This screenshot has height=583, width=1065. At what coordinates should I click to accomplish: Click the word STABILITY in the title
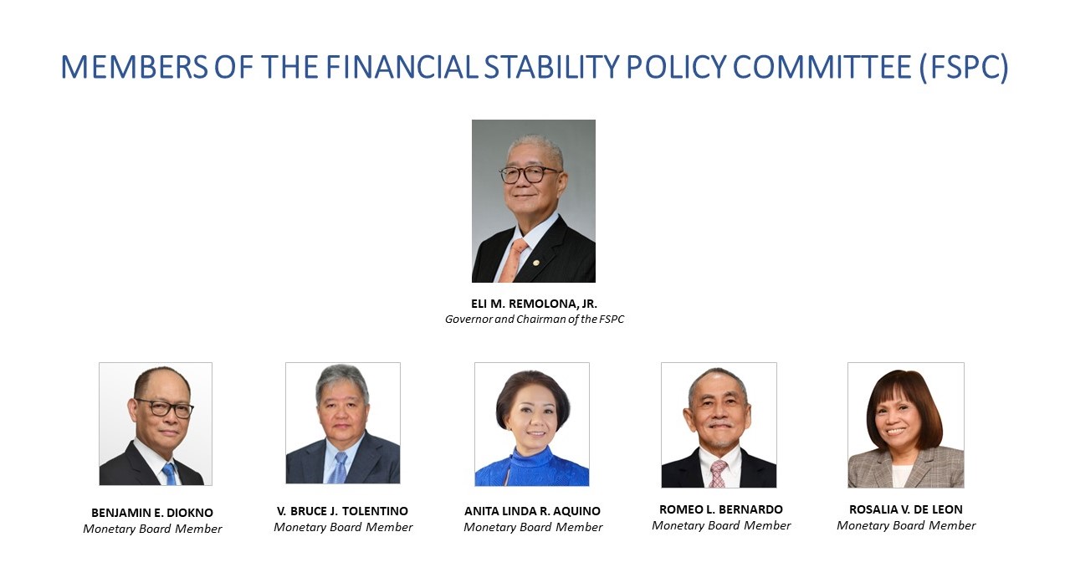click(x=551, y=67)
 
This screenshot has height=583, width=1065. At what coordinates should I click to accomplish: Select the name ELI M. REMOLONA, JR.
click(x=534, y=304)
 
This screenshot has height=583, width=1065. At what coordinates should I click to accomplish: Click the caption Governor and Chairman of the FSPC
click(x=534, y=319)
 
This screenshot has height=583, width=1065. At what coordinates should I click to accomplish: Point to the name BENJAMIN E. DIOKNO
click(x=152, y=513)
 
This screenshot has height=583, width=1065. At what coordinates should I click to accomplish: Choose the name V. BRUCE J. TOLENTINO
click(x=342, y=511)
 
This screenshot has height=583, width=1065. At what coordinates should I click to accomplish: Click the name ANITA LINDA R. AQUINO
click(x=532, y=511)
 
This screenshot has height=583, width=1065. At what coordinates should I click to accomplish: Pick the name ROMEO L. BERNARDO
click(x=721, y=509)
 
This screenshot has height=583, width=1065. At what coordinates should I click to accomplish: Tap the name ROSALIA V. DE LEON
click(x=906, y=509)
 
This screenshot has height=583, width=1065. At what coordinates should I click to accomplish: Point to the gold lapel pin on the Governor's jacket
click(x=535, y=263)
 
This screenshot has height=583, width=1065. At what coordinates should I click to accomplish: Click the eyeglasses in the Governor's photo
click(x=529, y=175)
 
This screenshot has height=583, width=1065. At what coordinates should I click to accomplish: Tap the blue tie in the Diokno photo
click(x=169, y=474)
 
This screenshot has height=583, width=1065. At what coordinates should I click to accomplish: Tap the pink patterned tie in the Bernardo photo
click(x=718, y=473)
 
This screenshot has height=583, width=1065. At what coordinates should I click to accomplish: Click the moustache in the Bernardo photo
click(x=719, y=424)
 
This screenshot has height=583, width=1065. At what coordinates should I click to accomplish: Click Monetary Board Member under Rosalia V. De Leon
click(x=906, y=525)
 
